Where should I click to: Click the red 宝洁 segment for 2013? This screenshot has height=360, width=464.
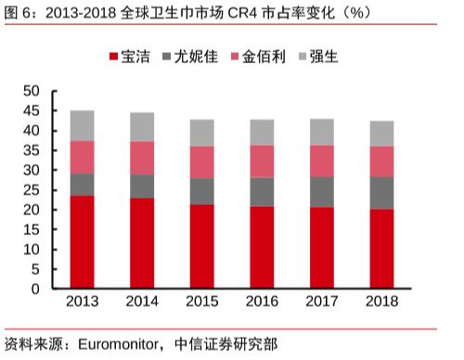coord(82,242)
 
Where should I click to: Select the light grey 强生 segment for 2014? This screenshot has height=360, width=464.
coord(142,127)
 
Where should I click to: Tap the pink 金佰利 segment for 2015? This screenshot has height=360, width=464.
coord(201,162)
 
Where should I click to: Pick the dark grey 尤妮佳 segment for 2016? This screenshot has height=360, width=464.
coord(262,192)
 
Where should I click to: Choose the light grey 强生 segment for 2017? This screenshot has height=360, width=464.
coord(321,132)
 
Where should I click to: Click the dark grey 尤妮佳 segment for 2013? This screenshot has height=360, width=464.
coord(82,185)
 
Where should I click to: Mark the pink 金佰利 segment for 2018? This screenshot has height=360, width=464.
coord(381,161)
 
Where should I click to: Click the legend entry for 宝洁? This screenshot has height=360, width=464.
coord(133,57)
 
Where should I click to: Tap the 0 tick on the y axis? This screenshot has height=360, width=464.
coord(35,289)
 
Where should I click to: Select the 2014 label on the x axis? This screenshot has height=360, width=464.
coord(142,303)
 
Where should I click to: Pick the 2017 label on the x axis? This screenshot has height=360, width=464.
coord(321,303)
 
